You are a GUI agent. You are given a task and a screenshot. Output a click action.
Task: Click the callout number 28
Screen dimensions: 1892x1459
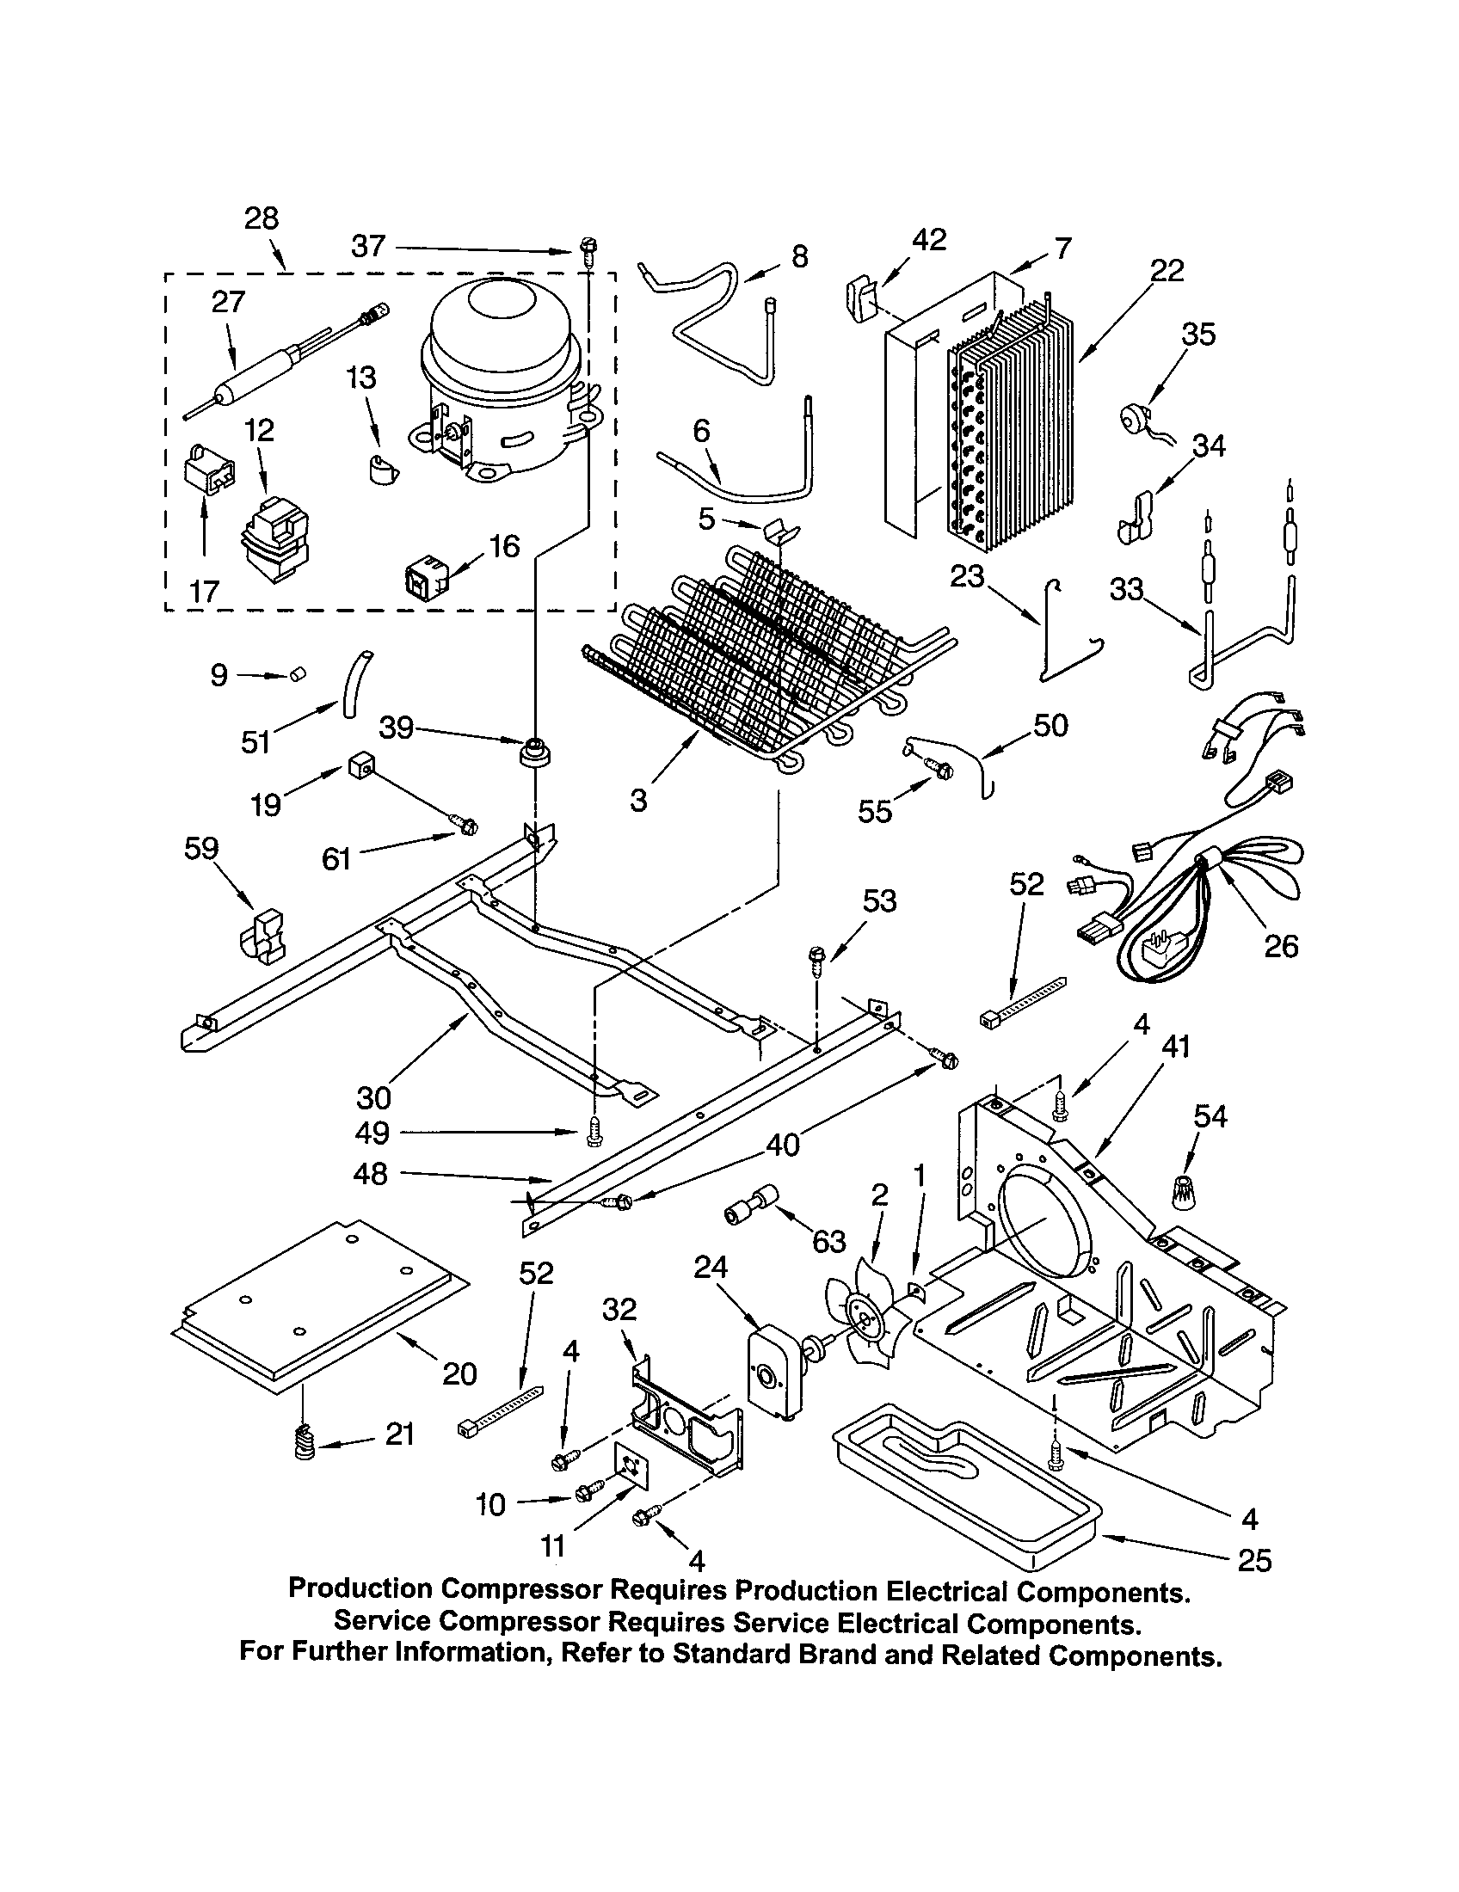[261, 218]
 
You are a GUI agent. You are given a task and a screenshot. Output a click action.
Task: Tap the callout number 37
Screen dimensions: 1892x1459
[368, 247]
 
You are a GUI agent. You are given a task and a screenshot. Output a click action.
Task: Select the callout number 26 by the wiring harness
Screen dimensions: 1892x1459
[1281, 946]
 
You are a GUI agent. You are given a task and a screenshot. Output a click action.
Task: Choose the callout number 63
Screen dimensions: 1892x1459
[828, 1241]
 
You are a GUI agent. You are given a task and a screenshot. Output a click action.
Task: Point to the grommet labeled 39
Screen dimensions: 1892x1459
[535, 750]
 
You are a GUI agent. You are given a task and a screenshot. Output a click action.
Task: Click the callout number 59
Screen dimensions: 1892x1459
[201, 848]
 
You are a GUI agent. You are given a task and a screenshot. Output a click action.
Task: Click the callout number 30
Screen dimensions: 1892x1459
[374, 1097]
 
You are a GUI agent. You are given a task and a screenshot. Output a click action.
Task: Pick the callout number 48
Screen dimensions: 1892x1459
[371, 1174]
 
